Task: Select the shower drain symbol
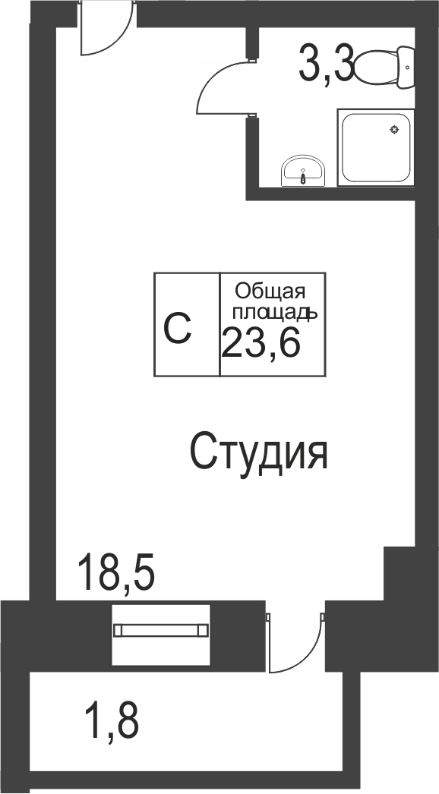(394, 129)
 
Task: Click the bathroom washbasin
(302, 172)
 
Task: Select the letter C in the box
(178, 328)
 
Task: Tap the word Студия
(258, 452)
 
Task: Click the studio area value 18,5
(116, 572)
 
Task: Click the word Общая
(270, 291)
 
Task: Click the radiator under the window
(160, 630)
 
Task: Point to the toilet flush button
(408, 67)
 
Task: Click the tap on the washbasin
(303, 178)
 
